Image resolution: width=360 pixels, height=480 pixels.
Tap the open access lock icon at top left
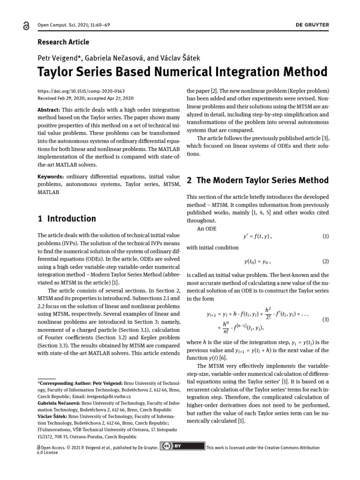point(25,28)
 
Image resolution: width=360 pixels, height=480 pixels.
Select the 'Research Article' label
point(63,42)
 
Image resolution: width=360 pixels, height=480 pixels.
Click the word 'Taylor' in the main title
point(60,72)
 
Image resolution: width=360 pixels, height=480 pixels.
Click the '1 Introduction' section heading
point(67,218)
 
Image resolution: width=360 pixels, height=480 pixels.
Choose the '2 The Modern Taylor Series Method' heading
point(257,180)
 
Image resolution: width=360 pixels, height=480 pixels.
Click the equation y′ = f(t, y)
point(257,237)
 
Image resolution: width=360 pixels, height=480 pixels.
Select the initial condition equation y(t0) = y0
point(257,261)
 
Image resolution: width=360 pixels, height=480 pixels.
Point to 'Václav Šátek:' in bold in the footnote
point(52,416)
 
